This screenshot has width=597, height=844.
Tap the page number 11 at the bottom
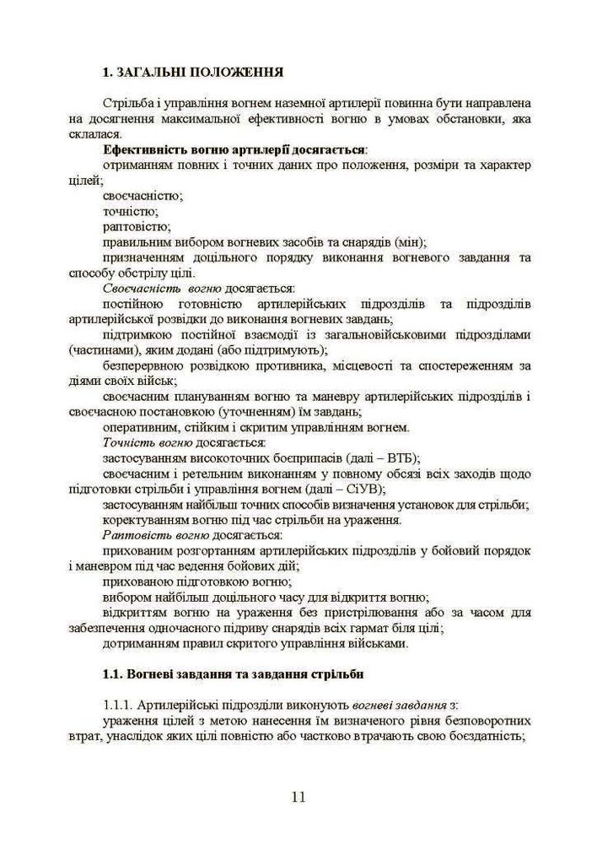tap(298, 797)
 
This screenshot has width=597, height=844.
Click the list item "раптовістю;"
tap(137, 226)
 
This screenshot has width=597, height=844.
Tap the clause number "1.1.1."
tap(116, 705)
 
